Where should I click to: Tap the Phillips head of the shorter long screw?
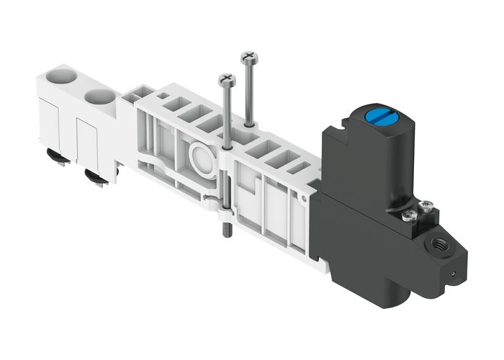[x=227, y=78]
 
